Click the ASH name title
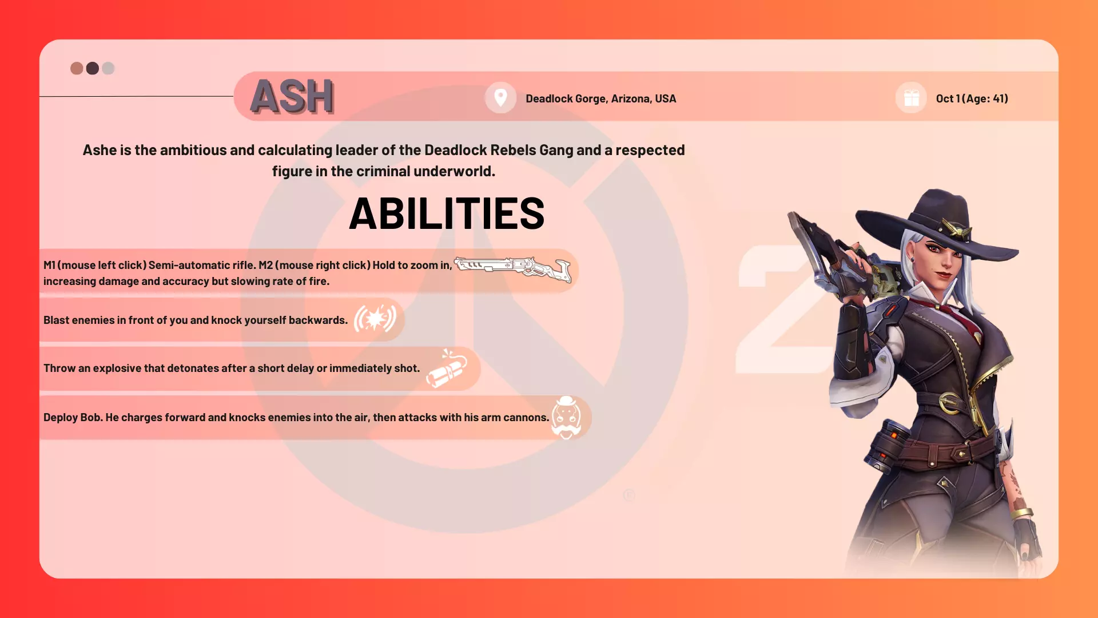tap(292, 96)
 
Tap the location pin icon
tap(500, 98)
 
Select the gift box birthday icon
tap(912, 98)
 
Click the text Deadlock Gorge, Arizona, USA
tap(600, 98)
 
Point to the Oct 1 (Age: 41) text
tap(972, 98)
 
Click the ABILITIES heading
tap(447, 213)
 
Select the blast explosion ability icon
tap(375, 319)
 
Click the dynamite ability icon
tap(447, 368)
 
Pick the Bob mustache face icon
tap(566, 418)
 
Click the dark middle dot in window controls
tap(92, 69)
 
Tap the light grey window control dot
tap(108, 69)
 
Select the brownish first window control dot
tap(77, 69)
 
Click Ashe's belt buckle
tap(950, 402)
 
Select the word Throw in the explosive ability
tap(59, 368)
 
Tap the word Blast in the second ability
tap(57, 320)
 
